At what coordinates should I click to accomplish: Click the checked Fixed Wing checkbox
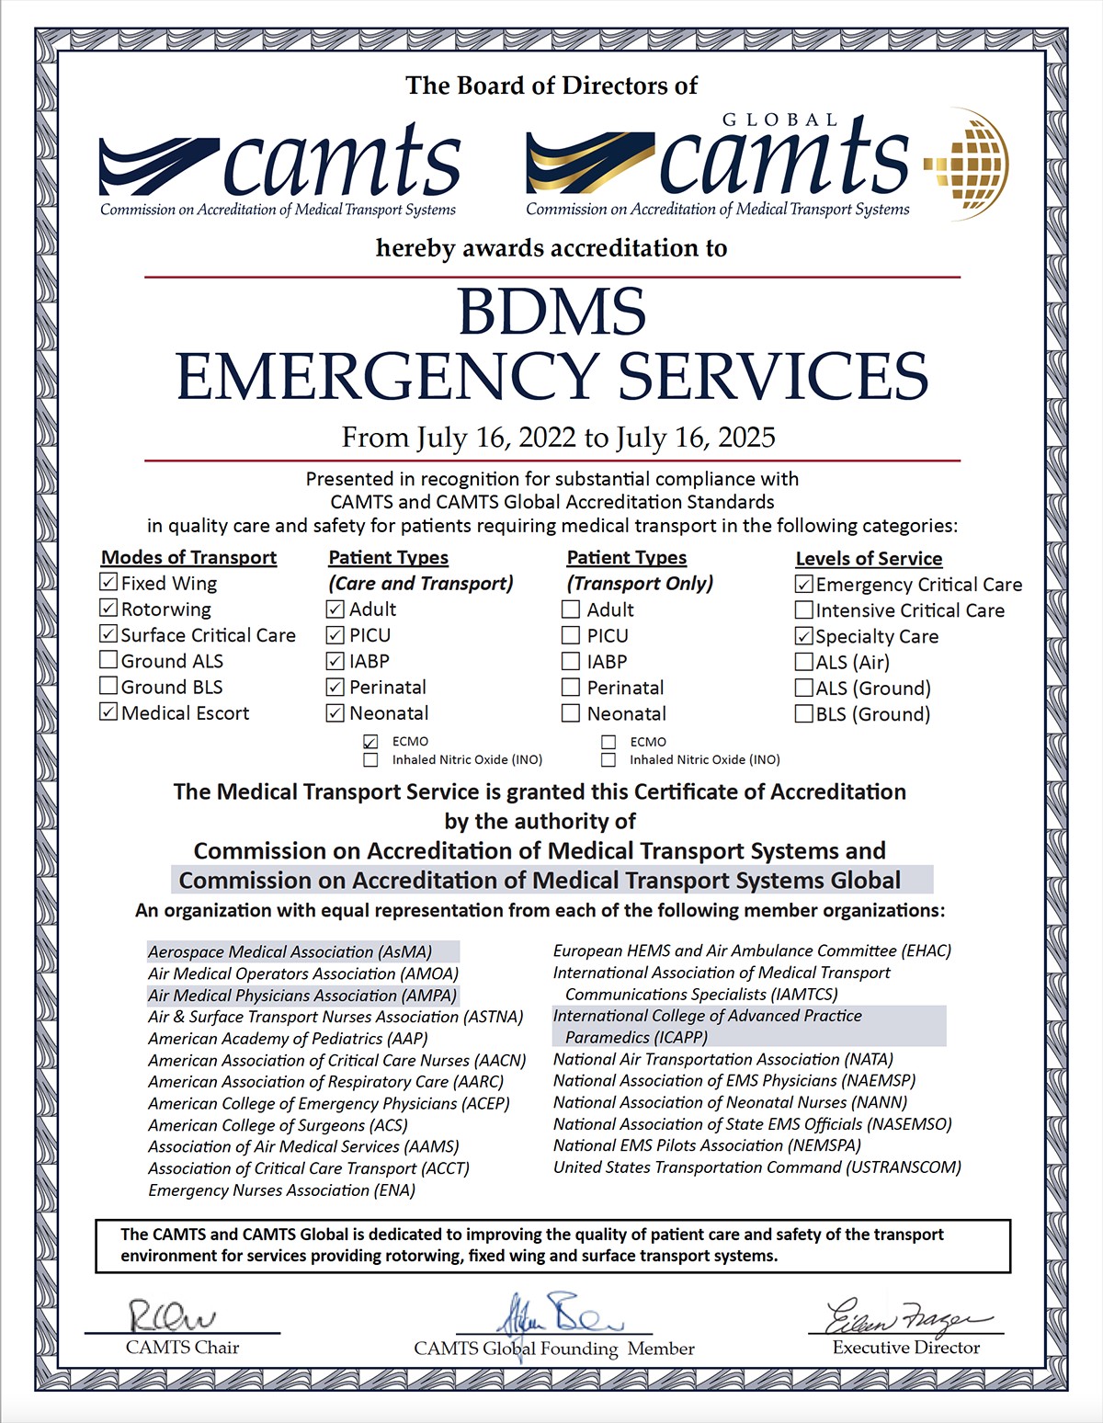(x=108, y=583)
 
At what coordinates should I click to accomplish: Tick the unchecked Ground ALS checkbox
(x=108, y=660)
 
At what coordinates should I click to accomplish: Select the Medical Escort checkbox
(x=108, y=712)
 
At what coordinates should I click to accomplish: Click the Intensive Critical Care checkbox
(x=804, y=610)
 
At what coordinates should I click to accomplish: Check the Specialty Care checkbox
(x=804, y=636)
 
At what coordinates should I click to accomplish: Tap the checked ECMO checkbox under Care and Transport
(x=370, y=742)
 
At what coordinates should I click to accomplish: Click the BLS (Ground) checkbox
(x=804, y=714)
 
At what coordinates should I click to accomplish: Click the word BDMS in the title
(x=552, y=312)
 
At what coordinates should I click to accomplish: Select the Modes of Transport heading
(x=188, y=557)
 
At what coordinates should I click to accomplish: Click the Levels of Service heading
(x=869, y=558)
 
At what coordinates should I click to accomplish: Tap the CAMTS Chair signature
(x=172, y=1315)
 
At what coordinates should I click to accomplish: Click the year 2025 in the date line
(x=742, y=438)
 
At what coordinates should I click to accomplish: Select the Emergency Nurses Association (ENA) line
(x=281, y=1190)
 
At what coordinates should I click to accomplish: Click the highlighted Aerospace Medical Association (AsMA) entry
(x=290, y=952)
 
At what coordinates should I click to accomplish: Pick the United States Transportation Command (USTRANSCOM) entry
(x=756, y=1167)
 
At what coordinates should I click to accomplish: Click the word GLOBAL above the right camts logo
(x=780, y=120)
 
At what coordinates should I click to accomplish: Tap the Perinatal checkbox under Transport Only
(x=571, y=688)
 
